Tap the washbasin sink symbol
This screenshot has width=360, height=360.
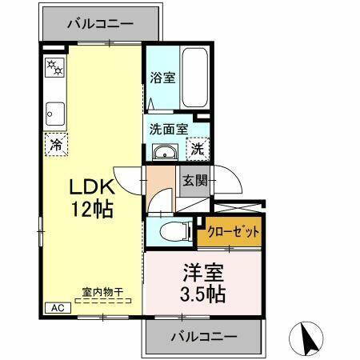[165, 152]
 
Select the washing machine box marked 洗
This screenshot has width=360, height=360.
[198, 149]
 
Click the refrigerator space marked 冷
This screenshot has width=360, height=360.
[56, 145]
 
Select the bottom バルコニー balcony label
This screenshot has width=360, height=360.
[202, 336]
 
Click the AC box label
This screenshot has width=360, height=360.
[57, 307]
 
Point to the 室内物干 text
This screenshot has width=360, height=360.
[102, 293]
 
